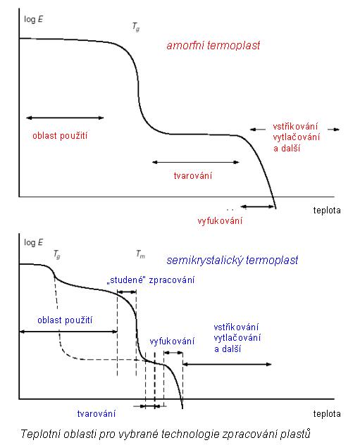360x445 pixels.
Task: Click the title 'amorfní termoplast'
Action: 213,45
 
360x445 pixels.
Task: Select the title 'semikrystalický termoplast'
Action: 232,261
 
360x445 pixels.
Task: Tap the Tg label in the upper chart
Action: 136,27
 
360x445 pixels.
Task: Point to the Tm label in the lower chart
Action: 140,253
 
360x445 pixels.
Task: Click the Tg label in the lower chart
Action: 57,254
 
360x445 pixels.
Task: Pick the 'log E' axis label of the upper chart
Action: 34,19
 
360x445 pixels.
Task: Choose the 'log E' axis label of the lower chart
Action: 34,242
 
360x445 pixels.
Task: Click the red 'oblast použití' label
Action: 60,135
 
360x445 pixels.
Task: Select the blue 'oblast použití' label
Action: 65,320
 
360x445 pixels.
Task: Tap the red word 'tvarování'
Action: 193,175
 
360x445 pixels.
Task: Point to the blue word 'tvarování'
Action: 97,414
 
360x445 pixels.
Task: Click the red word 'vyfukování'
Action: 220,221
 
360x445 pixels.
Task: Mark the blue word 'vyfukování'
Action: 172,341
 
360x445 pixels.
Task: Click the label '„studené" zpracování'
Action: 151,280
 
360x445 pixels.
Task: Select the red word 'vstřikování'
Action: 295,126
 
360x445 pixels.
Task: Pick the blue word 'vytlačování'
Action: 237,338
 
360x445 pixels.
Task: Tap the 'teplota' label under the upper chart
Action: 327,211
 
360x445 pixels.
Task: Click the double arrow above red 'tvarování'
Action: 196,163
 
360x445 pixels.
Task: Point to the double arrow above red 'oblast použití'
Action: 65,118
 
